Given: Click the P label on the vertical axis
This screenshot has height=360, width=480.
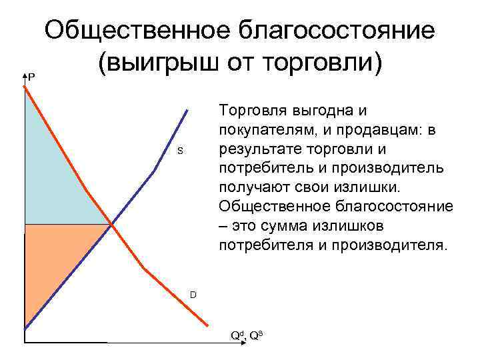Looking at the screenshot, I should pos(31,78).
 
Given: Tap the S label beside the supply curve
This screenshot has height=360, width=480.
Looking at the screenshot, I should pos(179,151).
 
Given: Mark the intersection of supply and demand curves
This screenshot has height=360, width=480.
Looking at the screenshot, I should pos(111,225).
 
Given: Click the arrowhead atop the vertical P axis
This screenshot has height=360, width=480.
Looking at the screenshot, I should pos(24,75).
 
